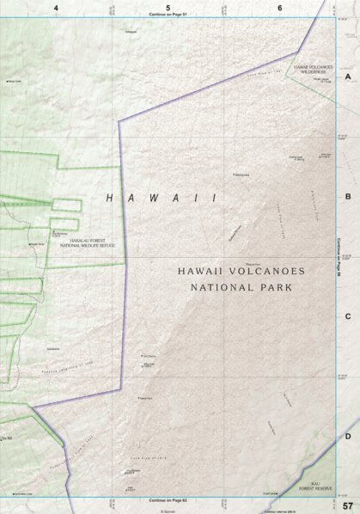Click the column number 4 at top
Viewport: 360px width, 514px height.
coord(56,8)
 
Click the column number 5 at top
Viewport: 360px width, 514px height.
coord(168,8)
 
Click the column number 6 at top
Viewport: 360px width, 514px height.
coord(280,8)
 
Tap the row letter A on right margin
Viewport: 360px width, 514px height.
coord(348,76)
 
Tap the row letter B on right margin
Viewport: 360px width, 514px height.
coord(348,196)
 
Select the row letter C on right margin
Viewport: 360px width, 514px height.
coord(348,316)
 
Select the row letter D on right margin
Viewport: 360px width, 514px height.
coord(348,436)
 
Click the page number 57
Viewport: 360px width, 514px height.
coord(346,505)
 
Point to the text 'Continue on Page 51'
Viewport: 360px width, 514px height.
coord(168,15)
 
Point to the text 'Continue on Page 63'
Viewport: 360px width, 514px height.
coord(168,499)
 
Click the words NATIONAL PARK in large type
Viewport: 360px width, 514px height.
coord(235,287)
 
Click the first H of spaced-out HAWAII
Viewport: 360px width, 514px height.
coord(109,198)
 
